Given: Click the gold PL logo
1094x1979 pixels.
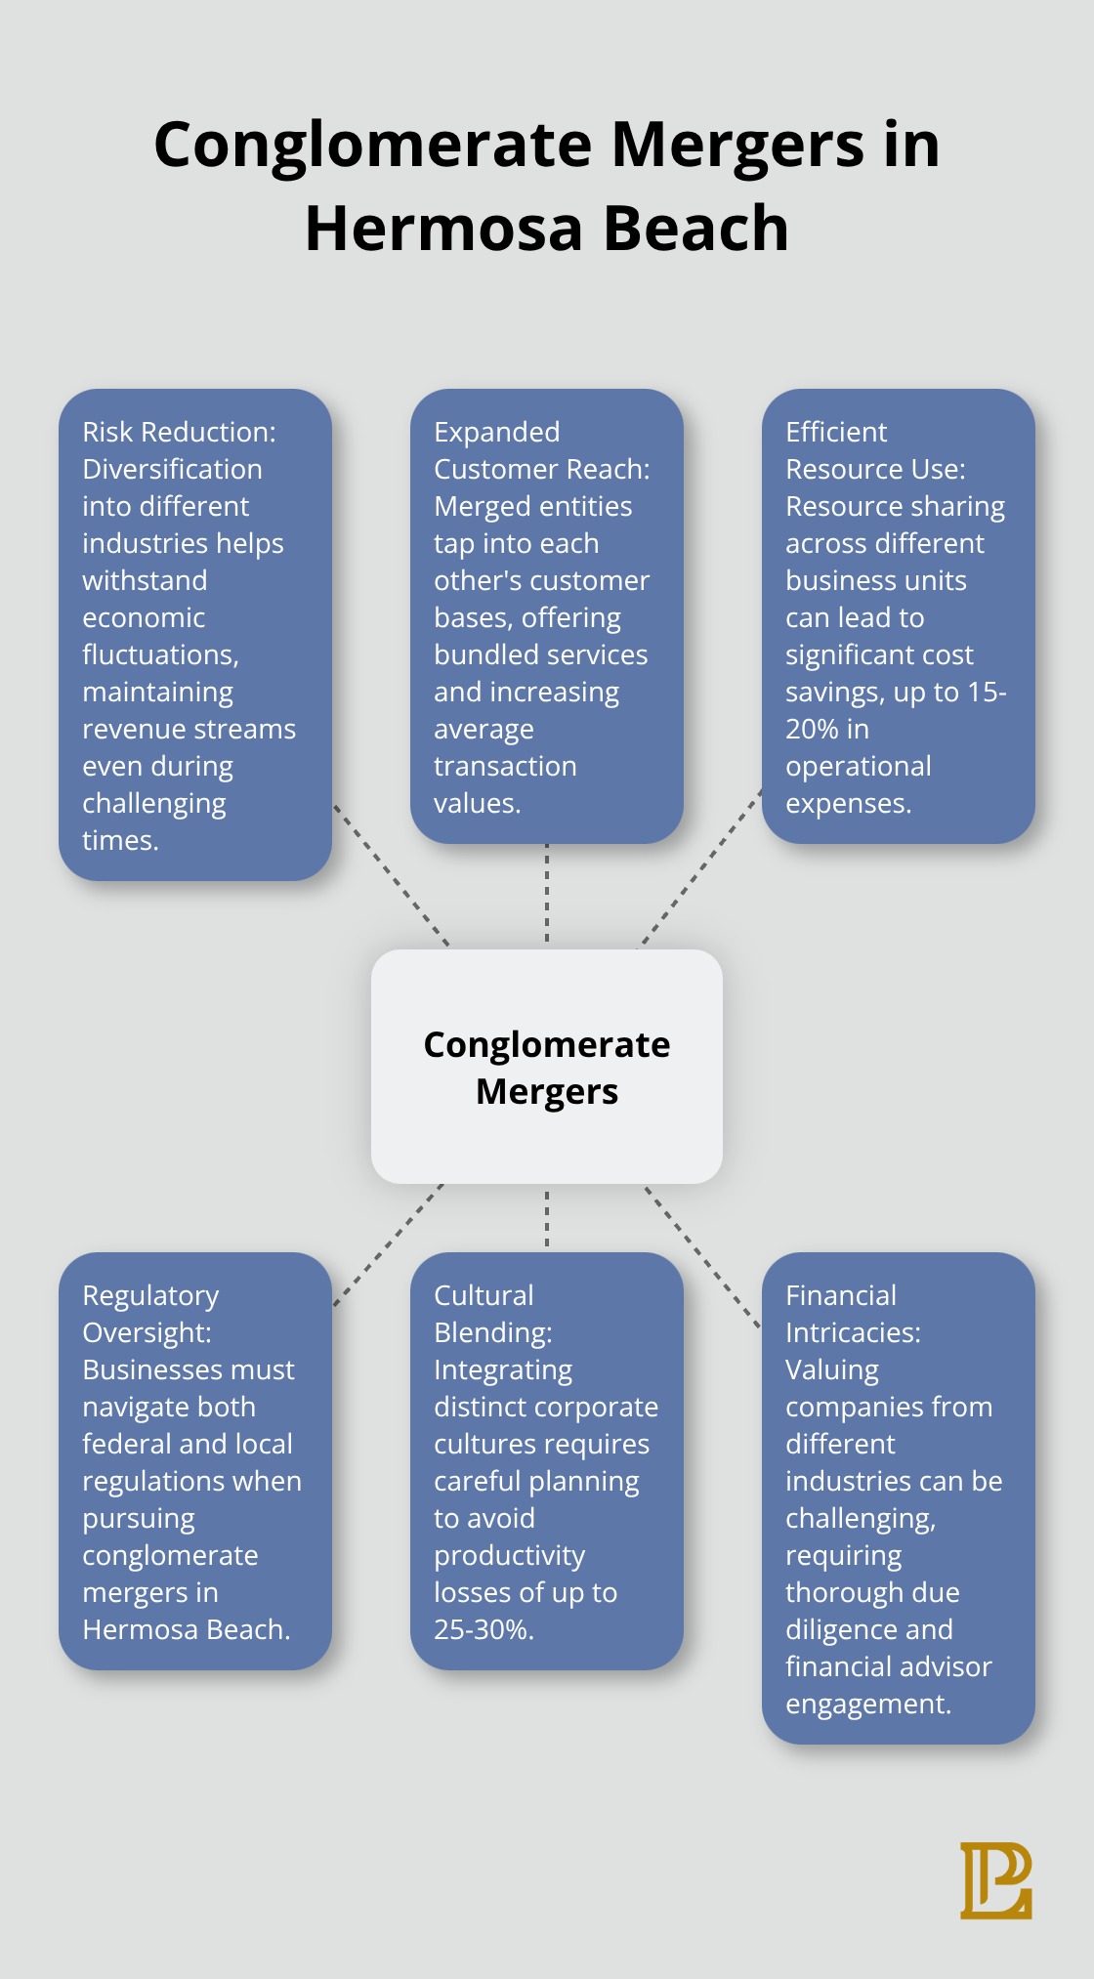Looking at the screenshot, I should tap(995, 1880).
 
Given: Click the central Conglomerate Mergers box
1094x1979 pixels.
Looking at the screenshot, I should tap(547, 1067).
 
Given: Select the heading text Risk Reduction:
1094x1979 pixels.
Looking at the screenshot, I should tap(179, 432).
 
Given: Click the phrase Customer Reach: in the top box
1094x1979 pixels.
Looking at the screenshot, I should tap(541, 469).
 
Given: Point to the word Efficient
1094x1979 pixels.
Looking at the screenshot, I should tap(836, 432).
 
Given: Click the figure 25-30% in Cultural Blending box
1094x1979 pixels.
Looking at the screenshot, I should tap(483, 1629).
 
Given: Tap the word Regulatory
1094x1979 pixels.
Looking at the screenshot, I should tap(150, 1295).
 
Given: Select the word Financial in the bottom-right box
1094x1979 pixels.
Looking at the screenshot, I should tap(840, 1295).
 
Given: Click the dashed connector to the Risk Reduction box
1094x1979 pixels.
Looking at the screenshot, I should tap(391, 874).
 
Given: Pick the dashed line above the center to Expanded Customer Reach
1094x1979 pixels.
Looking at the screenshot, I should tap(547, 894).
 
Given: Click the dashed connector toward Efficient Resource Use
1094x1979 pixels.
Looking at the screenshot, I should tap(700, 869).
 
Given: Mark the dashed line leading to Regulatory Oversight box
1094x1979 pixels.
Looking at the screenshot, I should tap(389, 1244).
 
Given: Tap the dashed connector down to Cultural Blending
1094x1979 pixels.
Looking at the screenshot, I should tap(547, 1218).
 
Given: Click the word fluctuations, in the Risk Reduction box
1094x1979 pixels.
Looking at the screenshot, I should tap(160, 654).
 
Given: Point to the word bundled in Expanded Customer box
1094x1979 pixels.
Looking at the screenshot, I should tap(482, 654).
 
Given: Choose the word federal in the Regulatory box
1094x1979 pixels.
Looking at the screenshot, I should tap(127, 1444).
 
